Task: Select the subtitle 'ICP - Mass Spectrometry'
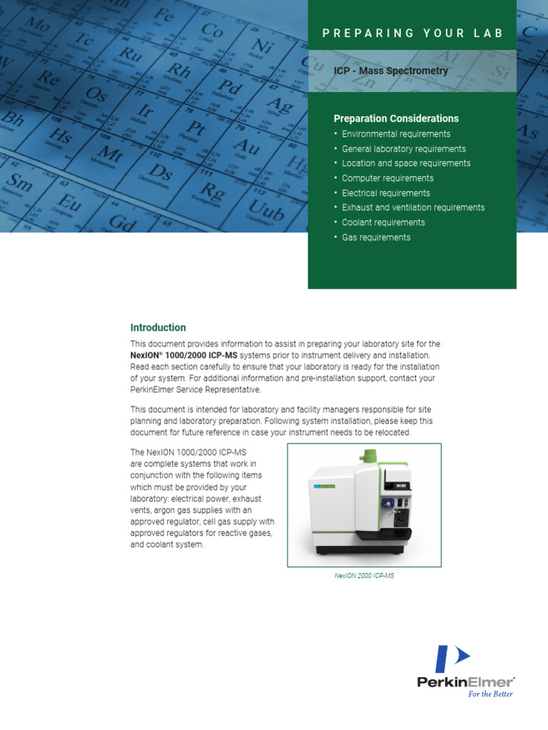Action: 391,71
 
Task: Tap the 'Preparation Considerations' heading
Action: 396,118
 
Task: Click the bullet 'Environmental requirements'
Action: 396,134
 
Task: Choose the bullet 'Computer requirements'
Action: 387,178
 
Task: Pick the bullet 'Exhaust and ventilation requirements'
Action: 413,207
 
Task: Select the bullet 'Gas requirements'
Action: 376,237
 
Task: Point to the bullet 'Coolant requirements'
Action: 383,222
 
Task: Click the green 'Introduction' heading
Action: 158,328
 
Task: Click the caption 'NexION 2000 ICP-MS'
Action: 364,575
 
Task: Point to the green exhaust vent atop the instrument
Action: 368,456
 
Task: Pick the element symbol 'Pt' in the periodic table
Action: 196,130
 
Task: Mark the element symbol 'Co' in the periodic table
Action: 212,31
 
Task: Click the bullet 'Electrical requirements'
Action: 385,193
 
